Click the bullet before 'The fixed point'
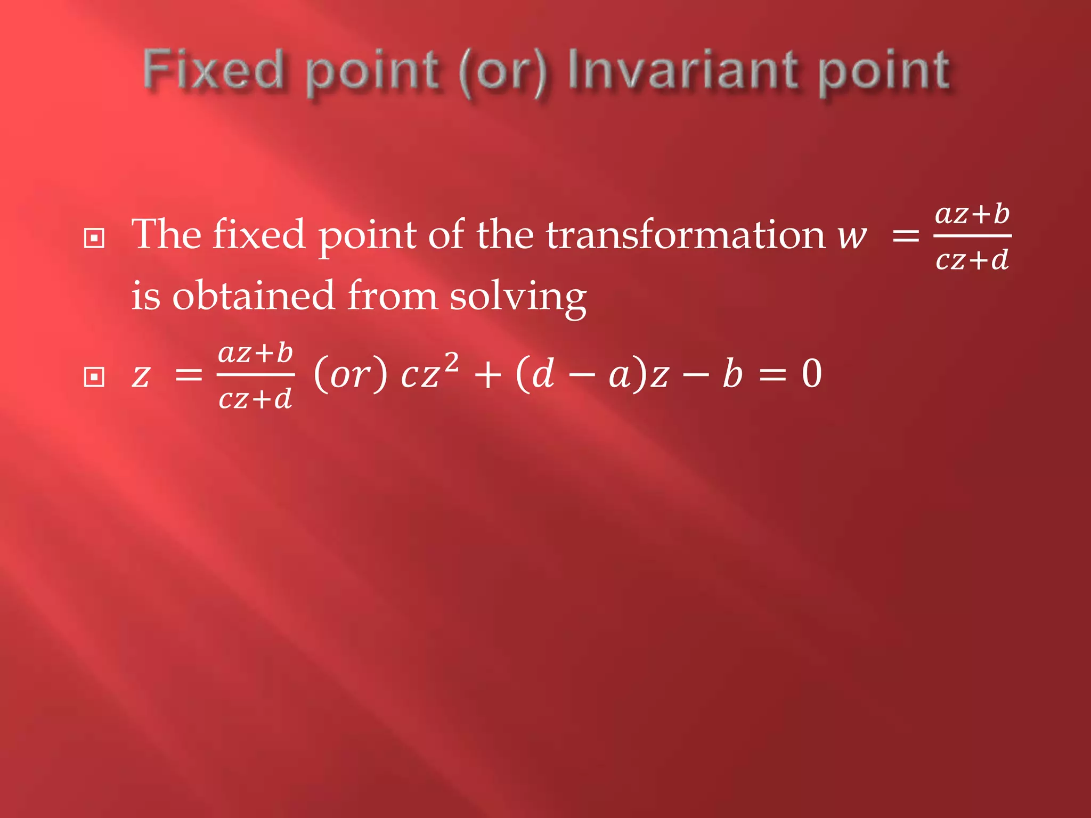pyautogui.click(x=94, y=238)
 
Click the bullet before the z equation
pyautogui.click(x=94, y=377)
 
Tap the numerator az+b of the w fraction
pyautogui.click(x=972, y=214)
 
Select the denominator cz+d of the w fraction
pyautogui.click(x=972, y=260)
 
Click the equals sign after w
pyautogui.click(x=906, y=235)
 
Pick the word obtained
pyautogui.click(x=253, y=296)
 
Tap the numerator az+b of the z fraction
pyautogui.click(x=255, y=353)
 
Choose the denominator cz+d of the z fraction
pyautogui.click(x=255, y=398)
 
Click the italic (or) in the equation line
pyautogui.click(x=351, y=374)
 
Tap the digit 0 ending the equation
pyautogui.click(x=812, y=374)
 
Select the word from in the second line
pyautogui.click(x=392, y=296)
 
